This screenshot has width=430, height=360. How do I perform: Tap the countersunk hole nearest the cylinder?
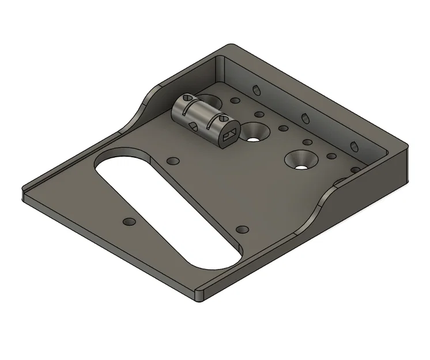click(254, 133)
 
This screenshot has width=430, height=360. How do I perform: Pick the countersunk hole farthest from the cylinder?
click(301, 160)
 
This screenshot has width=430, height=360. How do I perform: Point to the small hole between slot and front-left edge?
click(128, 221)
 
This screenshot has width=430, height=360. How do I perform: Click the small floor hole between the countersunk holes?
click(282, 128)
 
